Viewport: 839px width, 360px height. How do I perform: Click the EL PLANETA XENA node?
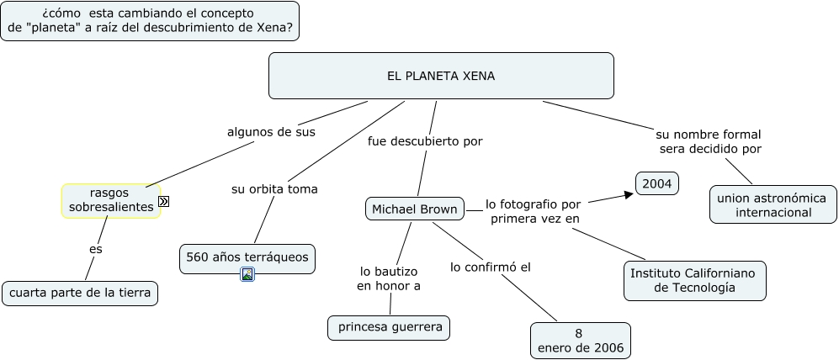coord(441,76)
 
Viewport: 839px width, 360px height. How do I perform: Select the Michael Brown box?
coord(415,209)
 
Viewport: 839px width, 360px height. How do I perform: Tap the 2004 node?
coord(656,183)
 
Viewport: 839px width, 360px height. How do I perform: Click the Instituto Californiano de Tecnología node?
coord(694,280)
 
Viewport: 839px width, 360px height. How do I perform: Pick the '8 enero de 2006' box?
coord(581,341)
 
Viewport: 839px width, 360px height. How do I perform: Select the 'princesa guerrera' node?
coord(389,327)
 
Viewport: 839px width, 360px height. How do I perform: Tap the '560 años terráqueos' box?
coord(247,257)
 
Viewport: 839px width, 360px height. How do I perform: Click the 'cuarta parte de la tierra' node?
coord(80,293)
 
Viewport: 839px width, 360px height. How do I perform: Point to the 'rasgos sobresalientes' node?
coord(110,200)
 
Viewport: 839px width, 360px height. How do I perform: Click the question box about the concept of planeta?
coord(150,21)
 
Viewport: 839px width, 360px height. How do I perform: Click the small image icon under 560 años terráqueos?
coord(247,274)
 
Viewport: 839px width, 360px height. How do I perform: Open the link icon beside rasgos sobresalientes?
coord(164,201)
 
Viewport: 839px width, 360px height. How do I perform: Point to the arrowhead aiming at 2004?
coord(628,195)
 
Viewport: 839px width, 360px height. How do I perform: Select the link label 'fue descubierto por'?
coord(425,141)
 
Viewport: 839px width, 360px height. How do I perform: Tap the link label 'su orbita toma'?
coord(274,189)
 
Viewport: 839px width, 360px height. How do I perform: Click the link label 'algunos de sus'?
coord(271,132)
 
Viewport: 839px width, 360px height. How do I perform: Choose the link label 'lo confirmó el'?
coord(490,267)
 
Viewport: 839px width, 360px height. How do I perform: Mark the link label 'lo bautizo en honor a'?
coord(389,278)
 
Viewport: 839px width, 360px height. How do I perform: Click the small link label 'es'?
coord(95,249)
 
